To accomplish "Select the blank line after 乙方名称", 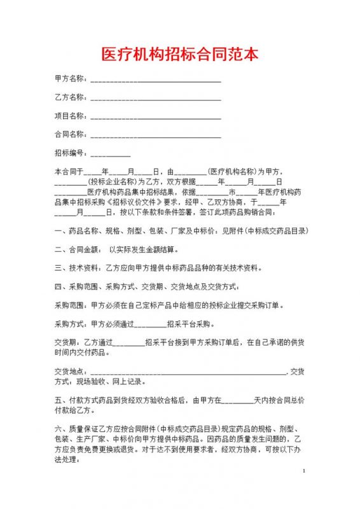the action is point(156,98).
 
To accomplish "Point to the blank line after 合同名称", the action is point(156,135).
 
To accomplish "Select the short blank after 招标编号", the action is point(111,154).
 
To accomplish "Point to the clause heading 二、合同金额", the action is point(77,249).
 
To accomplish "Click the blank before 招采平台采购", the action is point(149,324).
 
